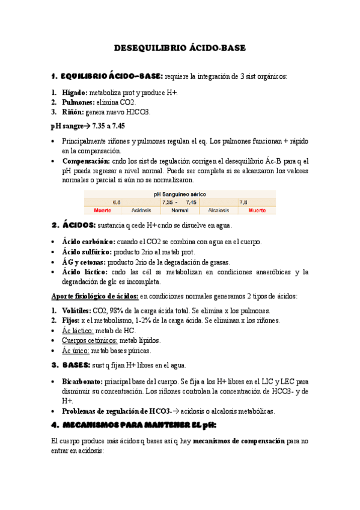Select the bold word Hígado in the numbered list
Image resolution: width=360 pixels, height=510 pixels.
pyautogui.click(x=74, y=93)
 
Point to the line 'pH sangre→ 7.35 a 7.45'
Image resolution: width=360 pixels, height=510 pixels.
pyautogui.click(x=88, y=127)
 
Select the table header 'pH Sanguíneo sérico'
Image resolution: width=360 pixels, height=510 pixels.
pyautogui.click(x=180, y=194)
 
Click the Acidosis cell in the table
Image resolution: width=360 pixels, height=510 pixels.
pyautogui.click(x=141, y=211)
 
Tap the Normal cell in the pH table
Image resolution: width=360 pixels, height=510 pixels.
pyautogui.click(x=180, y=211)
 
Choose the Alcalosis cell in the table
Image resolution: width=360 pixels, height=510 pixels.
pyautogui.click(x=218, y=211)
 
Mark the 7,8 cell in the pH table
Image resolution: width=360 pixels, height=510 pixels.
pyautogui.click(x=243, y=203)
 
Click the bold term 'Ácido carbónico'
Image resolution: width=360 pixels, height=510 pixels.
pyautogui.click(x=90, y=242)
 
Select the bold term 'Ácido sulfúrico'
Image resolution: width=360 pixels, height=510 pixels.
pyautogui.click(x=89, y=252)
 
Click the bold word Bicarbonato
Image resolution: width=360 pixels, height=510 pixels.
pyautogui.click(x=82, y=381)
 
